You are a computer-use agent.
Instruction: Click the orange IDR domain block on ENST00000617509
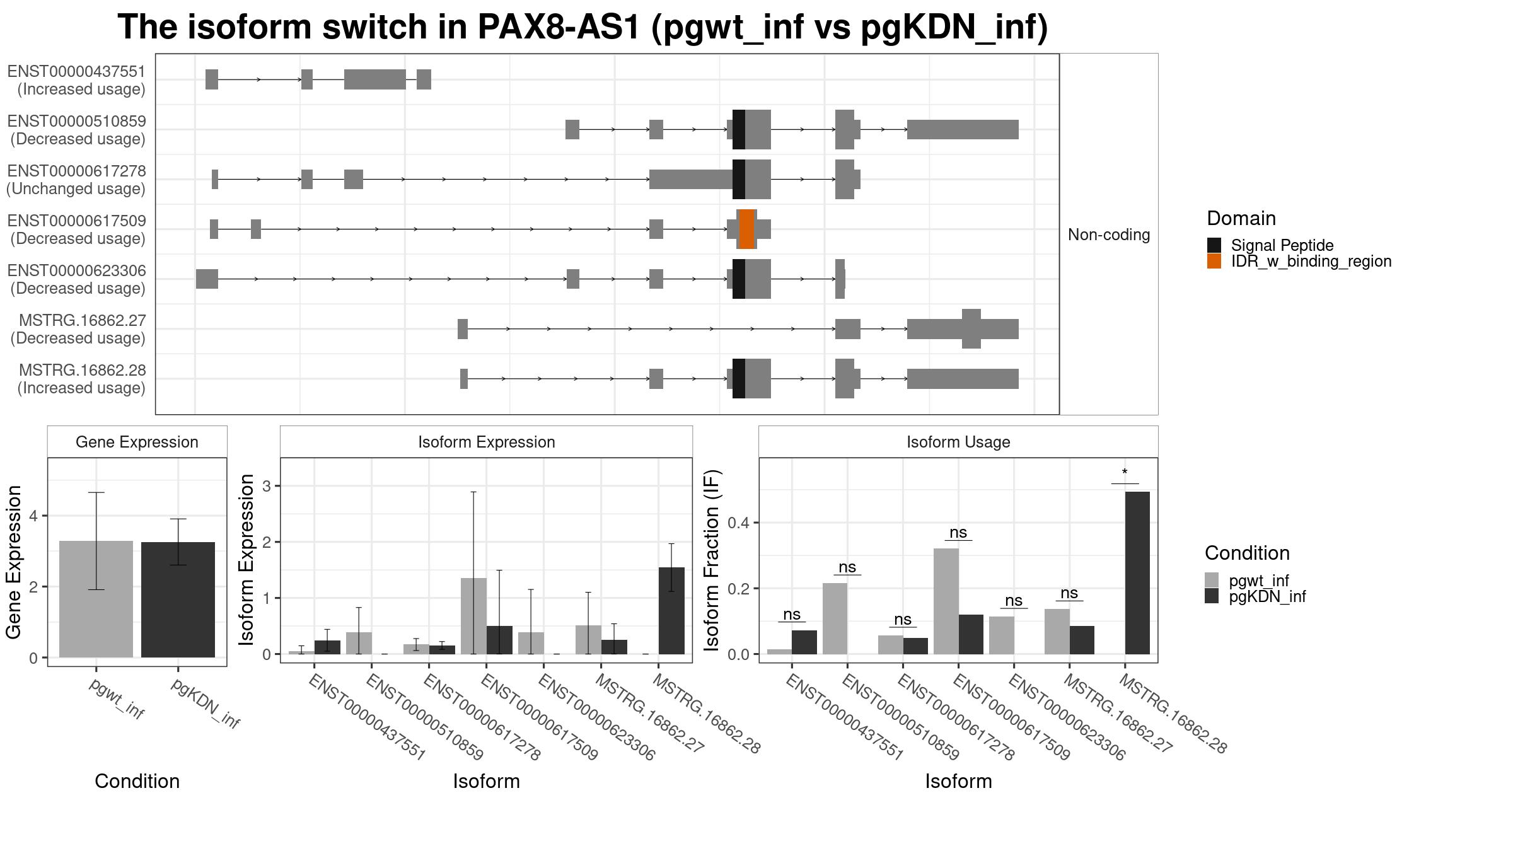746,229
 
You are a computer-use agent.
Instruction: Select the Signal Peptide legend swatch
1214,245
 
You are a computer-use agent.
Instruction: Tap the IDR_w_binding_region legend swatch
1214,261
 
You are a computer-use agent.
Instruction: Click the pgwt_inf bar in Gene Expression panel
96,599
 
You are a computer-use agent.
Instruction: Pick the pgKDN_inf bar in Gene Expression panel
178,599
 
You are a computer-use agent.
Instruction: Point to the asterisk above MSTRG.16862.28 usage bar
1125,473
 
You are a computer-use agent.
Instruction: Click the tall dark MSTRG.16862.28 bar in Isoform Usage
1137,573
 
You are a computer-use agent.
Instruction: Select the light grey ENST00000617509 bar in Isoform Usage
946,601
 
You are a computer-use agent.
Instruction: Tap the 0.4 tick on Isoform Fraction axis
740,523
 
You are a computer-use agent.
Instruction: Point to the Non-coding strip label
1109,234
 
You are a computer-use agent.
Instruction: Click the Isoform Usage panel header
958,442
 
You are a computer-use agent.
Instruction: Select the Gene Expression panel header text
137,442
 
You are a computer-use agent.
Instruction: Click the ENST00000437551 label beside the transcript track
76,71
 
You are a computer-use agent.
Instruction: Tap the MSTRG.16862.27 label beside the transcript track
83,320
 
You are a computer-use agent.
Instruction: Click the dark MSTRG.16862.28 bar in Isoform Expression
671,611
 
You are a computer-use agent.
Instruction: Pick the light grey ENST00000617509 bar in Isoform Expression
473,616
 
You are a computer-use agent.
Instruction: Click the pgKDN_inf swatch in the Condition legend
1212,596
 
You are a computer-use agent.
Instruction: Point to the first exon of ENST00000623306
207,279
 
